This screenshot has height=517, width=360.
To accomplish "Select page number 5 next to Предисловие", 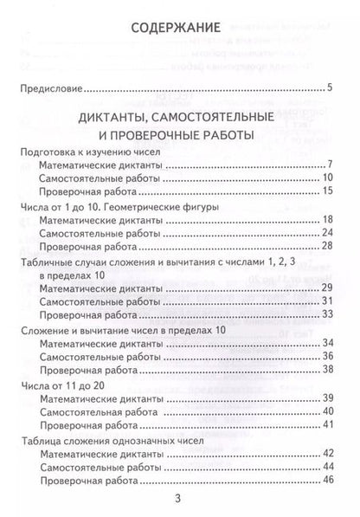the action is pyautogui.click(x=330, y=87).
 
